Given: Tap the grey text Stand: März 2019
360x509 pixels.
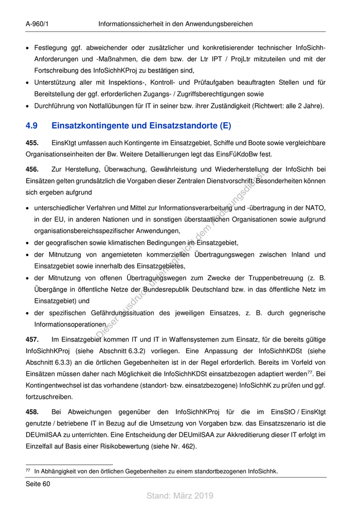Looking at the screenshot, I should pyautogui.click(x=179, y=496).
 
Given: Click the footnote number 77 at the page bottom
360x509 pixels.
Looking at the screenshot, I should pyautogui.click(x=28, y=470).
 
